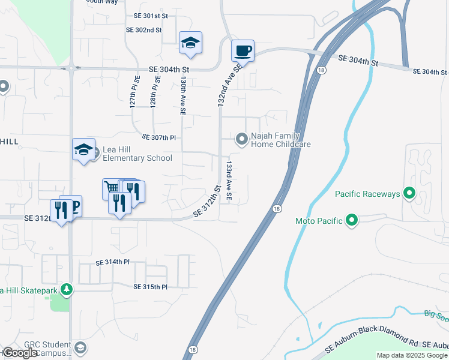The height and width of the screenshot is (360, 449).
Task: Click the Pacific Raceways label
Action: click(x=367, y=194)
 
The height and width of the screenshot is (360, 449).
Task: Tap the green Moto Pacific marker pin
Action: click(x=352, y=221)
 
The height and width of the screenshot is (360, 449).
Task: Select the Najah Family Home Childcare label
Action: click(x=280, y=140)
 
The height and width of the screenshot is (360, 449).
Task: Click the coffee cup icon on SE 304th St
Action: click(x=243, y=50)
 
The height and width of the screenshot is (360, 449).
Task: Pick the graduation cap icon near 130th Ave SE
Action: click(x=190, y=43)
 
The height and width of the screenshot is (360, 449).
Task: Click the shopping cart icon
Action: click(x=112, y=188)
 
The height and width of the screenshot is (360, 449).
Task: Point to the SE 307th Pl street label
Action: click(x=158, y=137)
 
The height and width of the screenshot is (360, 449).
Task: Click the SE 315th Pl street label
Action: click(x=150, y=287)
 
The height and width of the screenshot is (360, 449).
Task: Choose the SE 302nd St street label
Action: click(x=144, y=29)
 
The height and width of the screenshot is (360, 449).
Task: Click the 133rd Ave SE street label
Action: click(x=229, y=179)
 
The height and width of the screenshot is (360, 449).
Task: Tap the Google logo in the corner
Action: click(x=19, y=353)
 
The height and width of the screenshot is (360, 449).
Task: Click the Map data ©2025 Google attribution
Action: click(x=411, y=355)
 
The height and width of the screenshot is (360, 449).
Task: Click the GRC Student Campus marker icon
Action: click(x=80, y=347)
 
